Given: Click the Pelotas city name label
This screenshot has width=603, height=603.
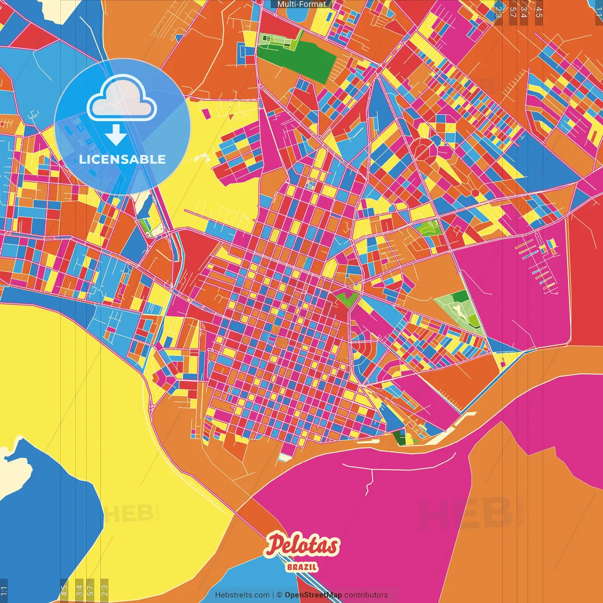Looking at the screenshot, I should pyautogui.click(x=302, y=546).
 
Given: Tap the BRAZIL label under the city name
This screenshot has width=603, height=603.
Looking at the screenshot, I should pyautogui.click(x=302, y=567).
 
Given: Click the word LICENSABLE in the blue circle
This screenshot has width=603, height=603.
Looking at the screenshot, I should pyautogui.click(x=122, y=159).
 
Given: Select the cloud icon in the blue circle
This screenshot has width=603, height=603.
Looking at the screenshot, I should pyautogui.click(x=122, y=98).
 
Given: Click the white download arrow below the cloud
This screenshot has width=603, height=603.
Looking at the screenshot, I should pyautogui.click(x=115, y=135).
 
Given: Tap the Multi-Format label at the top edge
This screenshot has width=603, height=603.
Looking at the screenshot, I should pyautogui.click(x=301, y=4).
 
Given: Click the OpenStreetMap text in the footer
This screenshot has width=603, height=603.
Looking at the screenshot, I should pyautogui.click(x=313, y=595).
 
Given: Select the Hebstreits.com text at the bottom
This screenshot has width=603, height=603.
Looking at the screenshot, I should pyautogui.click(x=242, y=595).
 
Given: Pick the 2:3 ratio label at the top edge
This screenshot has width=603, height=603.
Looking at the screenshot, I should pyautogui.click(x=498, y=12).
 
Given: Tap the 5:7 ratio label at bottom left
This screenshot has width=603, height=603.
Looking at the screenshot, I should pyautogui.click(x=90, y=589).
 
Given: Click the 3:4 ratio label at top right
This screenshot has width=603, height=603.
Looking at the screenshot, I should pyautogui.click(x=523, y=12).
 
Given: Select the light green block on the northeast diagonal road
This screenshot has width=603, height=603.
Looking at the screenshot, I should pyautogui.click(x=429, y=229).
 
